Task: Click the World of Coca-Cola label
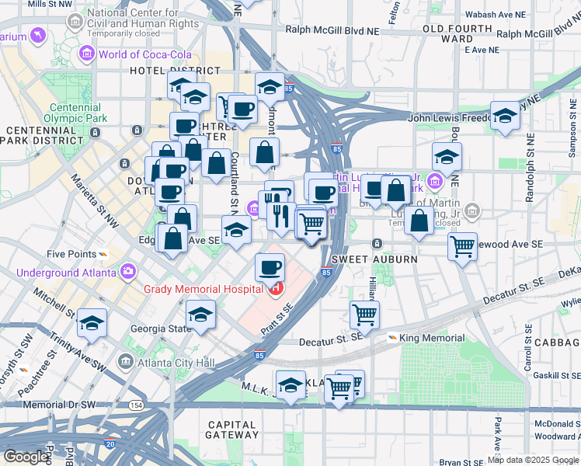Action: click(131, 54)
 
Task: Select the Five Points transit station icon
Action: click(103, 254)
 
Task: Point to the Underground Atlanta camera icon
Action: click(127, 272)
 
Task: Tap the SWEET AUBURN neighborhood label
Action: click(365, 258)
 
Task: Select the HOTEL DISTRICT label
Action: click(169, 71)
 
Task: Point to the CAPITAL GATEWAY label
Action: click(232, 430)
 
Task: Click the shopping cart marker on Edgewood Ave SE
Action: click(463, 247)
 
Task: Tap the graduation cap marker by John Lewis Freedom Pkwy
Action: click(505, 117)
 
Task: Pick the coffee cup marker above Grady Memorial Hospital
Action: click(270, 267)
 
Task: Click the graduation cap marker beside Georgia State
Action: click(200, 315)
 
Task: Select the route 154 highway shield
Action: click(136, 405)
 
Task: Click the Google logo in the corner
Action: click(26, 457)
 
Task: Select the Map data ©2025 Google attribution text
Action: click(532, 460)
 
